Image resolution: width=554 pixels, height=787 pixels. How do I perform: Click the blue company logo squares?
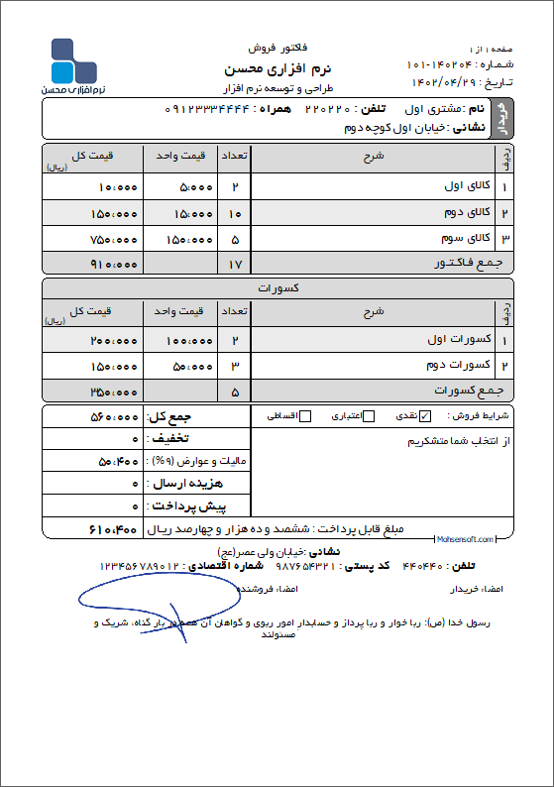click(73, 61)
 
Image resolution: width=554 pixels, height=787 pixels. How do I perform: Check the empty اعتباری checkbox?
click(369, 415)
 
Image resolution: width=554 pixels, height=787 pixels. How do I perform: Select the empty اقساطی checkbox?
click(305, 415)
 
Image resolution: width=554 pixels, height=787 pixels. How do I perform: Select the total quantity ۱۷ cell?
click(235, 265)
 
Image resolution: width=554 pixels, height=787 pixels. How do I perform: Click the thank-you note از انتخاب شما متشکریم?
click(458, 442)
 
